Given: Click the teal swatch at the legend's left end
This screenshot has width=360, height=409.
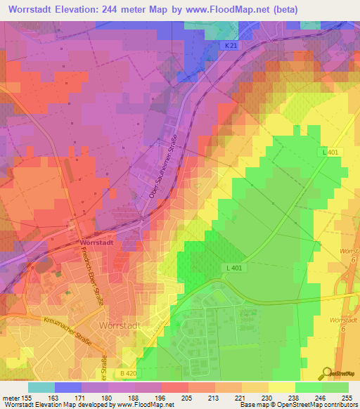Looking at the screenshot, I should tap(41, 387).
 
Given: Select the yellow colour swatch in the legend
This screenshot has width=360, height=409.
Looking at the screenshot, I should tap(281, 387).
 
